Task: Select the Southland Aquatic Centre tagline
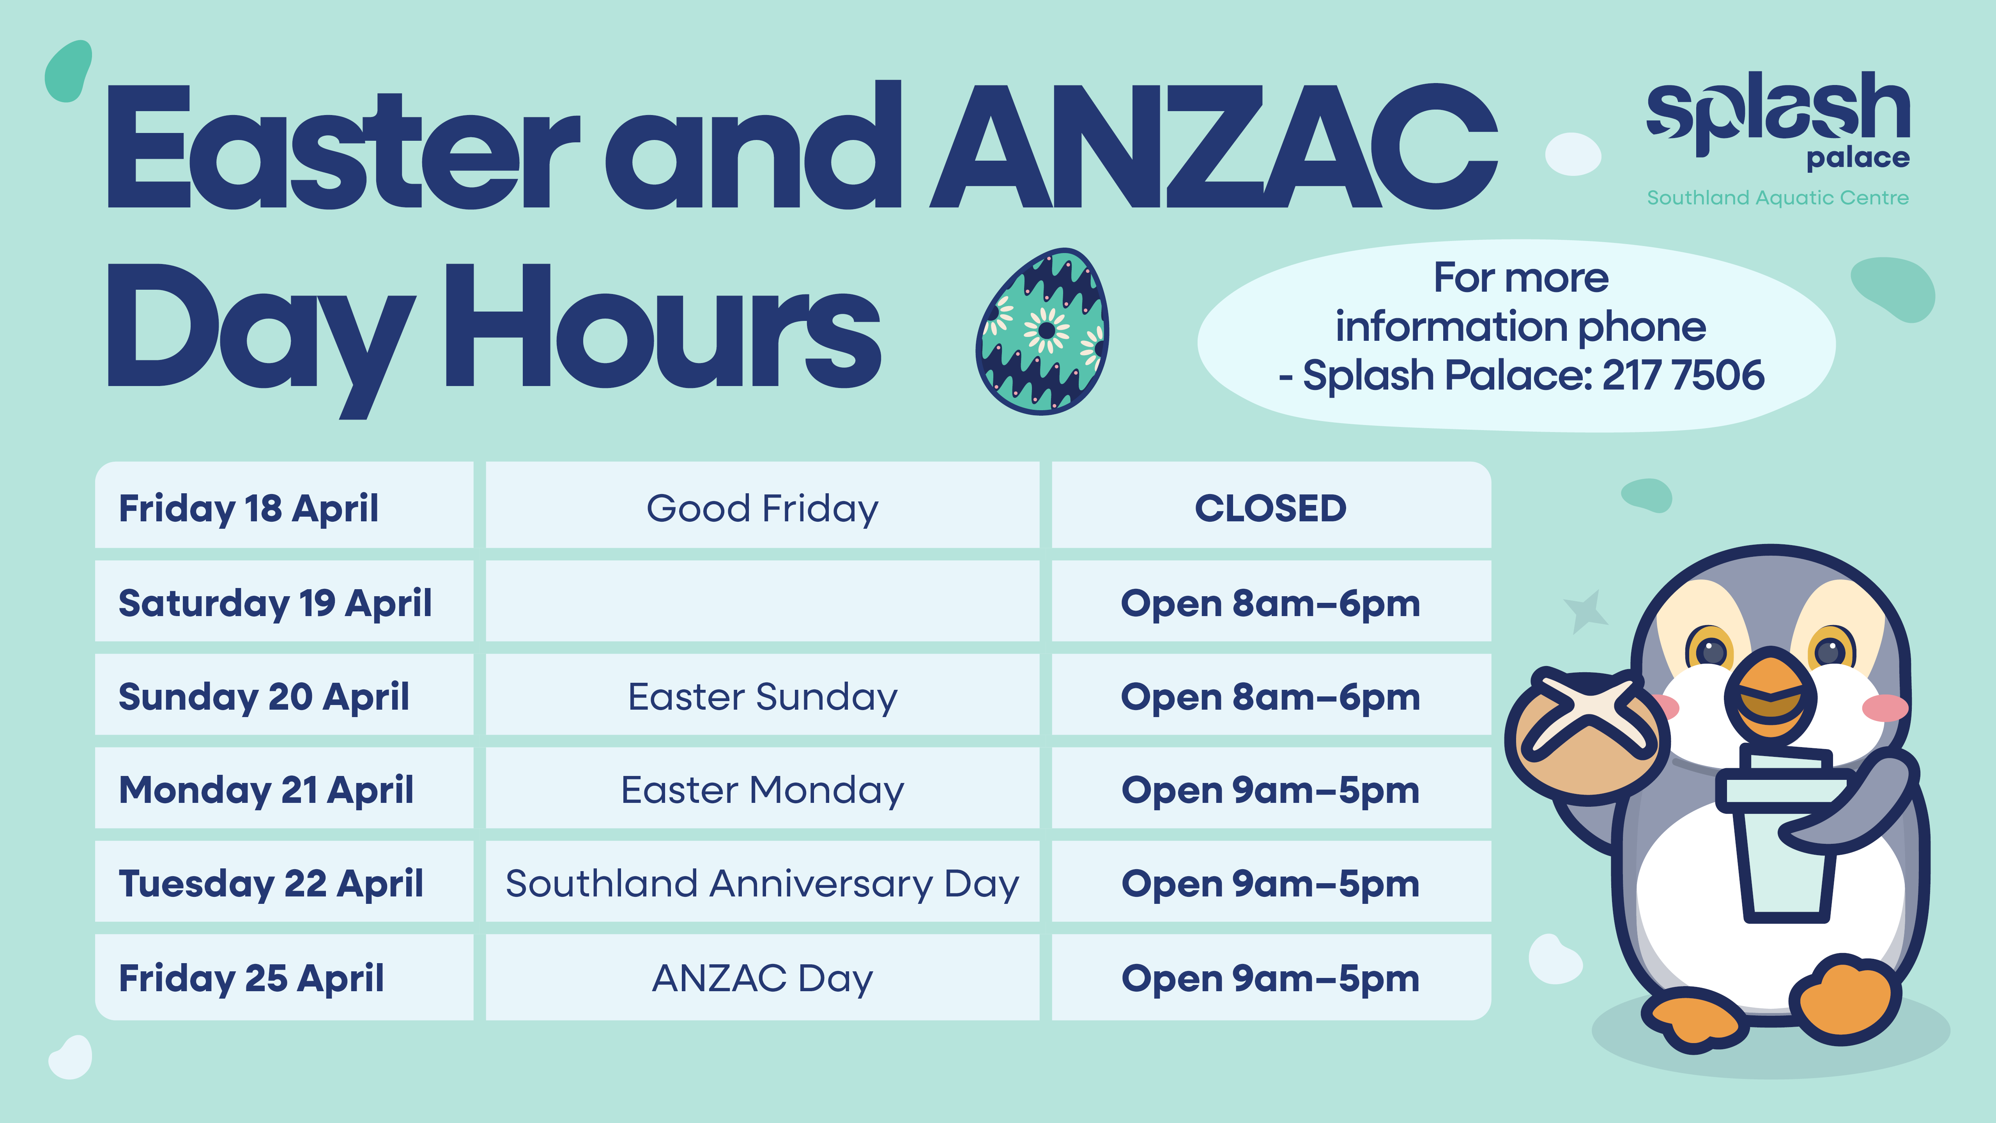click(1778, 198)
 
